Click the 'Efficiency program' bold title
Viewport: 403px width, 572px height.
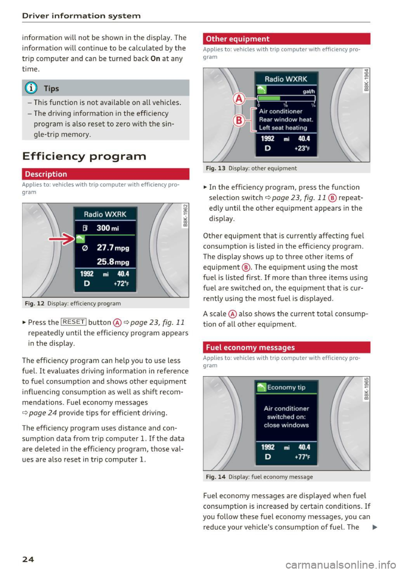84,156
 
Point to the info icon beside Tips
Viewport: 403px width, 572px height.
31,88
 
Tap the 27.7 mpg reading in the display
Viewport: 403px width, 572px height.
113,248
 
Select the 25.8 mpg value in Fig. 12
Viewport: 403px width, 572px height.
113,262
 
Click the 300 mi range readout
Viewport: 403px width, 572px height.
107,228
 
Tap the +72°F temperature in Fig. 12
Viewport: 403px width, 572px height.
121,284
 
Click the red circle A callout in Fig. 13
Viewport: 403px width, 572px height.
239,99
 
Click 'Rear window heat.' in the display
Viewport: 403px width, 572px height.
286,120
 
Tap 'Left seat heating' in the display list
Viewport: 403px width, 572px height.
283,128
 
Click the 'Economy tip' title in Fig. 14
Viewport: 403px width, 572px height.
286,387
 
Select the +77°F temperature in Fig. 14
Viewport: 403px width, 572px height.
302,457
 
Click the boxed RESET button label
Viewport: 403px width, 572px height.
74,322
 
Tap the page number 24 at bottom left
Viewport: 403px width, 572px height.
28,559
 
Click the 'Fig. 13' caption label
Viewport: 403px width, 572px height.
216,168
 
